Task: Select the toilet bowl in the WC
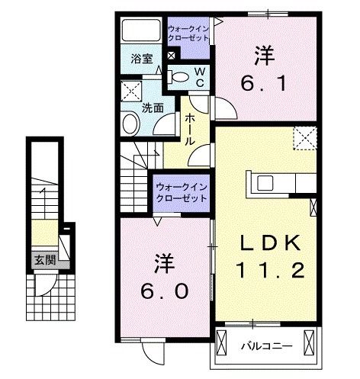[178, 76]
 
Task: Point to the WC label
[198, 76]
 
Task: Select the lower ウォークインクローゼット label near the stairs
[182, 191]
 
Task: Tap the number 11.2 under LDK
[271, 271]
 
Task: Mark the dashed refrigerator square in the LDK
[305, 139]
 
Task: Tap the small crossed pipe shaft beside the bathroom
[171, 56]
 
